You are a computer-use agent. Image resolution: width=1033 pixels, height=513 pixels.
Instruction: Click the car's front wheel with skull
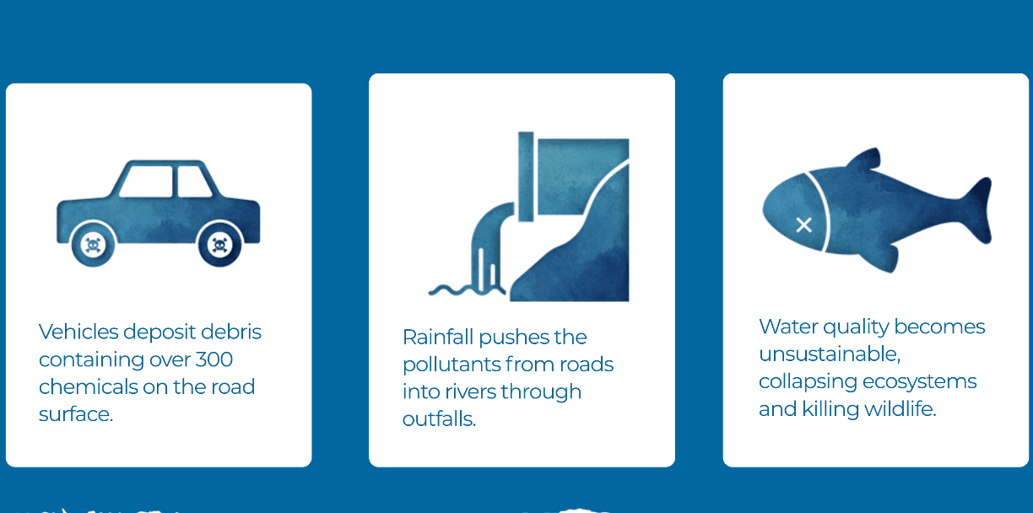point(93,245)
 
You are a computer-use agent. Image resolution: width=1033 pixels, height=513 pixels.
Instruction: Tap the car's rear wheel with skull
point(219,245)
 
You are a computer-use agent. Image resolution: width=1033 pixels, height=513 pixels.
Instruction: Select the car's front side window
point(146,181)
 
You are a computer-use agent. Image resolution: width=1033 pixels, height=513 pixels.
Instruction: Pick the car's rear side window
point(195,181)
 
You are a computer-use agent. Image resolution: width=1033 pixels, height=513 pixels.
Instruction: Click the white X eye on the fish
point(803,225)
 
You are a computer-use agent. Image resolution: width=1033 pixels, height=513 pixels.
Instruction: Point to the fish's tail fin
point(976,210)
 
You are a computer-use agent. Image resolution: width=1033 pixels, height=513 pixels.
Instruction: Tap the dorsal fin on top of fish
point(865,159)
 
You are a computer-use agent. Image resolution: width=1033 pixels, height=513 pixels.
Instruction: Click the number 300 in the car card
point(214,359)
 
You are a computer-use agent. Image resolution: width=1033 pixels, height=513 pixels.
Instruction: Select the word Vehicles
point(78,332)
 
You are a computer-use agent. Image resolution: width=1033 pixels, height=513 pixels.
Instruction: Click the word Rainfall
point(438,337)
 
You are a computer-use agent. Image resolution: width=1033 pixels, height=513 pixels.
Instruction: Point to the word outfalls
point(439,419)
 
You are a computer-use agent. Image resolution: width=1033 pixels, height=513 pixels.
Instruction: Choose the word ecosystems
point(920,382)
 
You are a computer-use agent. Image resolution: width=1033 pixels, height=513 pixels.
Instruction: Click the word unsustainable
point(830,354)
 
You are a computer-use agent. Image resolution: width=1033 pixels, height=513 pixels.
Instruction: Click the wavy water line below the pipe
point(467,290)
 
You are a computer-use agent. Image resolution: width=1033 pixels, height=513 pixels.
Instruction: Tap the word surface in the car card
point(76,414)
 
